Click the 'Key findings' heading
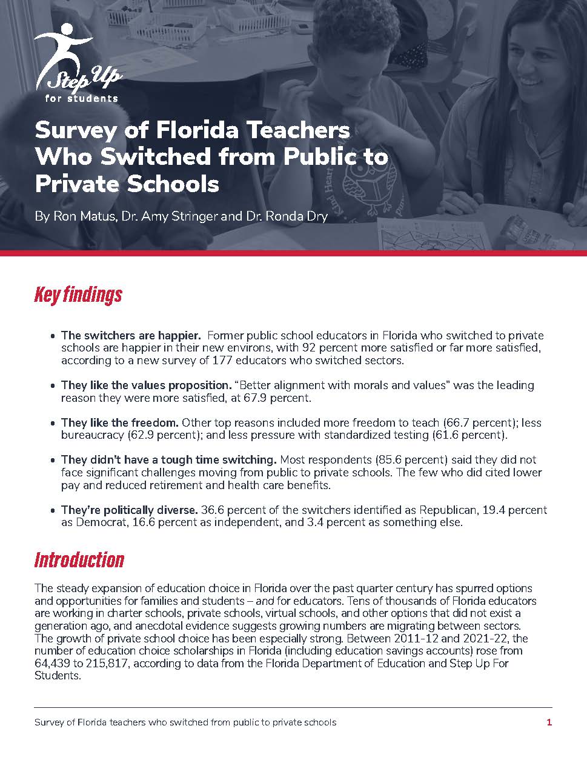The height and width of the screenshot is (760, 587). click(x=78, y=295)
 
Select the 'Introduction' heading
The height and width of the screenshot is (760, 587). click(x=79, y=559)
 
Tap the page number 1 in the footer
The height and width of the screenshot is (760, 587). click(x=549, y=722)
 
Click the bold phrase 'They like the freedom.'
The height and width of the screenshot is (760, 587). click(x=120, y=422)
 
